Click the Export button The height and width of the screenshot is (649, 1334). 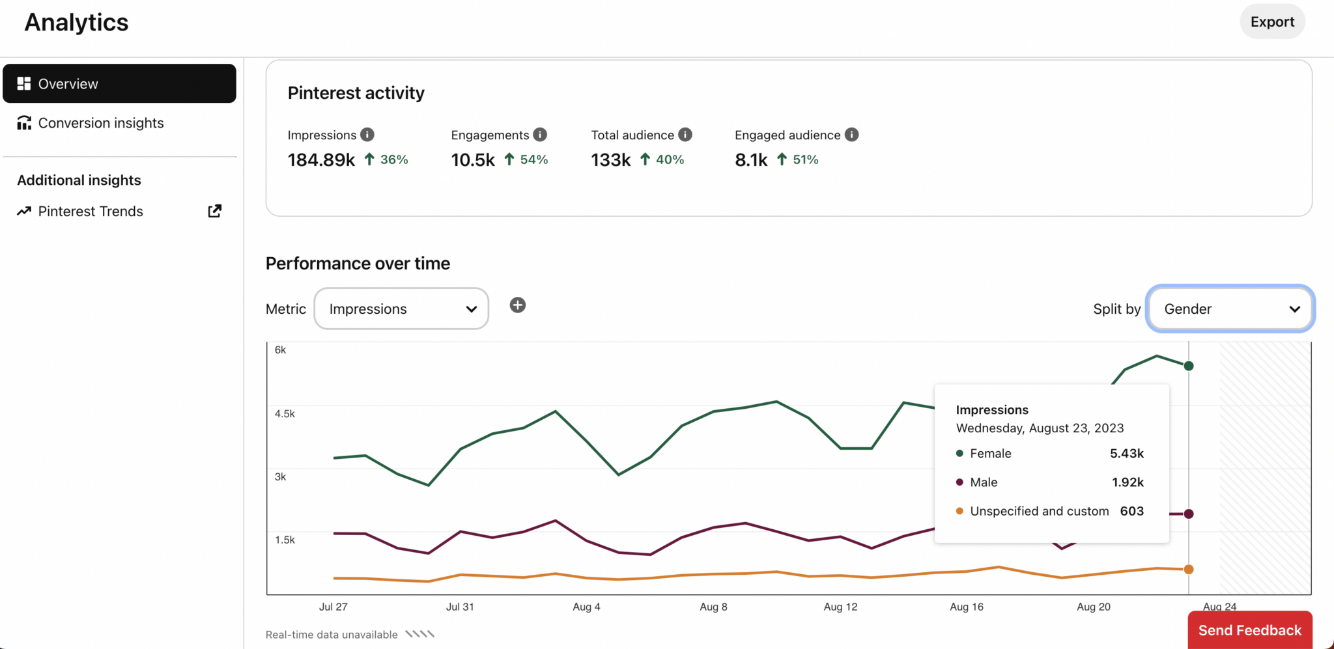tap(1271, 21)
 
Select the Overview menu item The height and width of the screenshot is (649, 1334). tap(119, 83)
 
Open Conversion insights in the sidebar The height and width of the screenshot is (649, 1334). tap(100, 123)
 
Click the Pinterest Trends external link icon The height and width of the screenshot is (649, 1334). tap(214, 211)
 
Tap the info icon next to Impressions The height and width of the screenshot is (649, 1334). tap(367, 135)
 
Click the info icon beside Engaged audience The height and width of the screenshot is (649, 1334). tap(851, 135)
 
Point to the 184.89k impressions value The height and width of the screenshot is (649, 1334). tap(321, 160)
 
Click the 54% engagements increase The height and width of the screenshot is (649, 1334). tap(533, 159)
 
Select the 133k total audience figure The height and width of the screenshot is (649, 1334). tap(610, 160)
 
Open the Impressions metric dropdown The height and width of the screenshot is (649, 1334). tap(401, 309)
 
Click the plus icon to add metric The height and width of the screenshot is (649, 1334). tap(517, 305)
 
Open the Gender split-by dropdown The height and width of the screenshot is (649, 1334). tap(1230, 309)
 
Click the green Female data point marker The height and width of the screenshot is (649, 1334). tap(1189, 366)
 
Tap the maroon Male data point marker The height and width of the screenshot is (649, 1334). tap(1189, 514)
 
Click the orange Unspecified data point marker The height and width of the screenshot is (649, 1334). tap(1189, 570)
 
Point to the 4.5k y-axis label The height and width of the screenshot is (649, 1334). tap(285, 413)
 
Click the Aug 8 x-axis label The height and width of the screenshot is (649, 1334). tap(713, 607)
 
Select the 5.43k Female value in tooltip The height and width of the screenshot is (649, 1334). tap(1126, 453)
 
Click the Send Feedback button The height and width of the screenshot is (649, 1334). tap(1249, 630)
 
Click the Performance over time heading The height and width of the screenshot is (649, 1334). tap(358, 263)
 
